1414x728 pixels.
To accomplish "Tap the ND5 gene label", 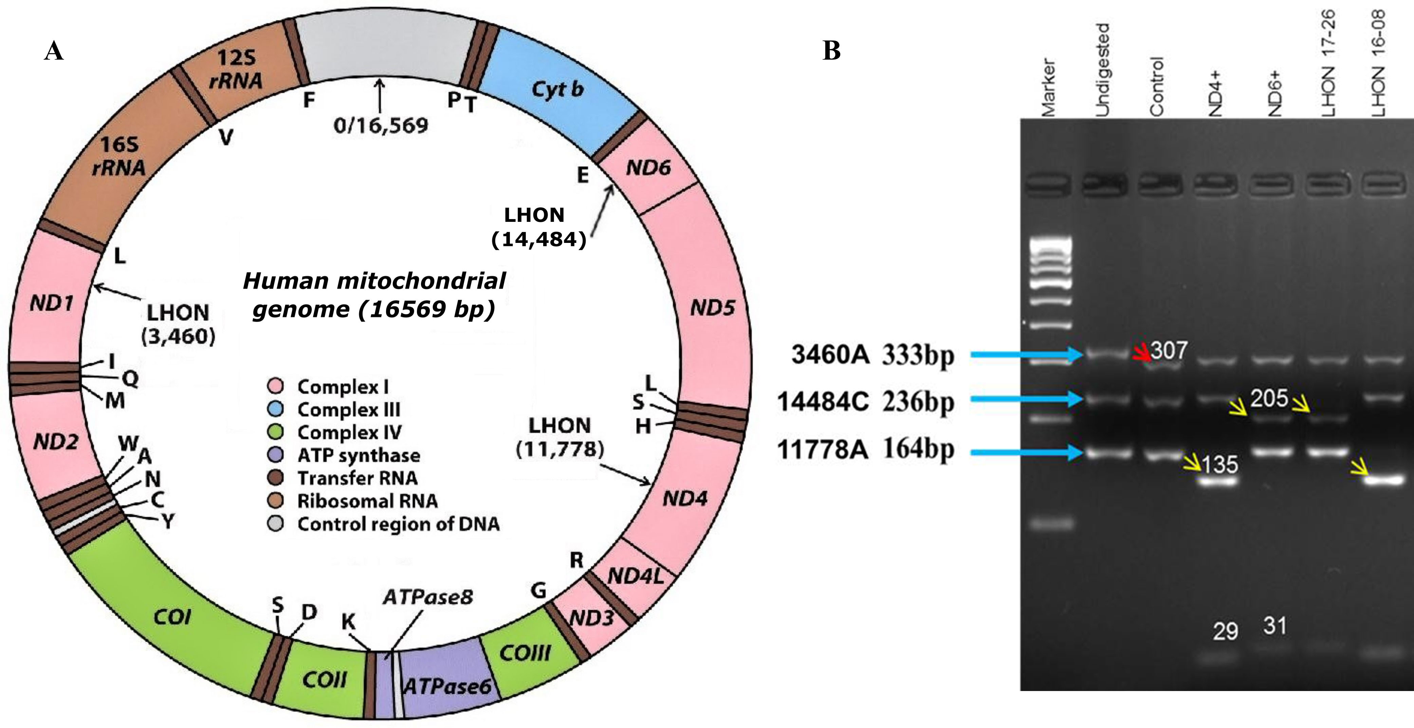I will (x=713, y=308).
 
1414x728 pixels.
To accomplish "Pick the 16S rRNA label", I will (x=119, y=156).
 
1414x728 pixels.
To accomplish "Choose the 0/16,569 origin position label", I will (x=380, y=126).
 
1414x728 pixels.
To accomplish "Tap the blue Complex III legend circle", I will (x=275, y=409).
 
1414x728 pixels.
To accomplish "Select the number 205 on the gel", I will (x=1269, y=398).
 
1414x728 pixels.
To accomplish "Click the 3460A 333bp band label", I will (x=873, y=355).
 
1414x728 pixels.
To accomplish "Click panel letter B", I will (x=832, y=51).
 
